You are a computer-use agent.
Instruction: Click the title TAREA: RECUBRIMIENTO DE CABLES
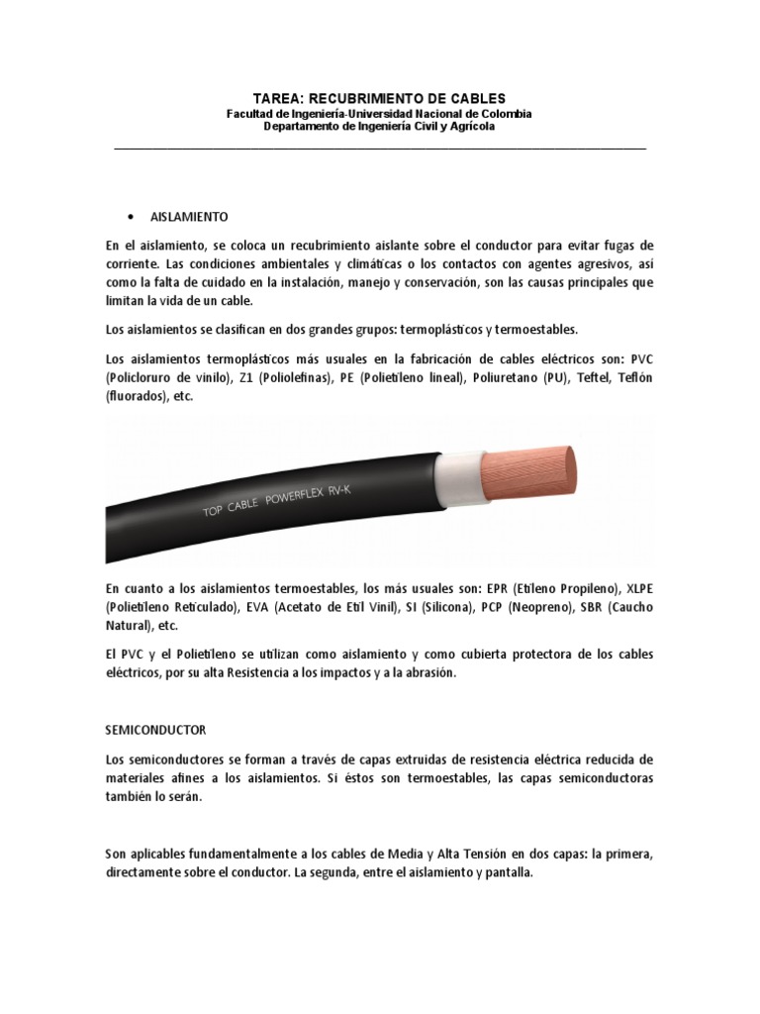[379, 98]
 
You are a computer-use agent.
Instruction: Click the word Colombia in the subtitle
[503, 114]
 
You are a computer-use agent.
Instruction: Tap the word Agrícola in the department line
[470, 127]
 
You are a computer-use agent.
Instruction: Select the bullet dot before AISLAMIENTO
[132, 216]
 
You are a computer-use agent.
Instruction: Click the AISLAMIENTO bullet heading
[190, 216]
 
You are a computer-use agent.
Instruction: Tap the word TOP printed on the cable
[213, 511]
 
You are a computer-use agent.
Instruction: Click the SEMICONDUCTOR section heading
[156, 730]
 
